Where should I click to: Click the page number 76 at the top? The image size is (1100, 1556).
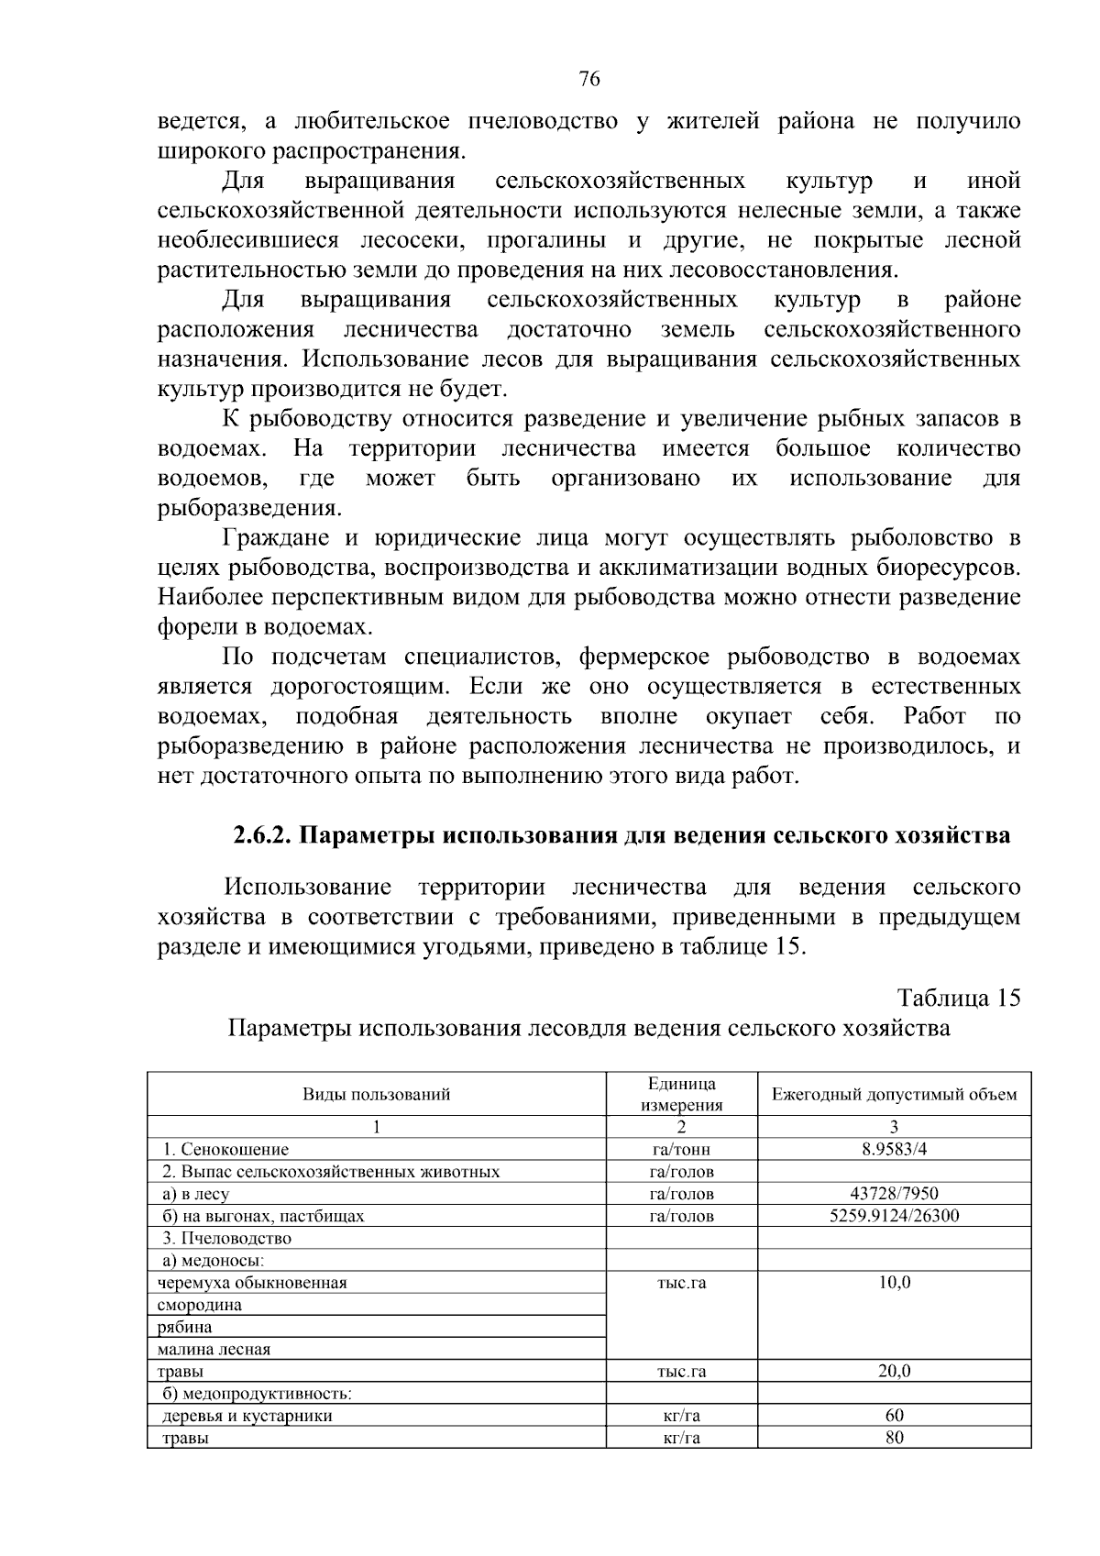pos(589,80)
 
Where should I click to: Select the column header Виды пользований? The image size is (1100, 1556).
pos(377,1094)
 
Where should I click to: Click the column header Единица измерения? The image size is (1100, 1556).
pos(681,1094)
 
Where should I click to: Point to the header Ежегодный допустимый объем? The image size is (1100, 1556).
pos(894,1094)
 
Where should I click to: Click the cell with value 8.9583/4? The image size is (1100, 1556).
pos(894,1149)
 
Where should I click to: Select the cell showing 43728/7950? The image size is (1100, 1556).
pos(894,1194)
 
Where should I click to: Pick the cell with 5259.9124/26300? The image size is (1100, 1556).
pos(894,1216)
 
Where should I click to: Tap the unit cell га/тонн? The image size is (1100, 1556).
pos(681,1149)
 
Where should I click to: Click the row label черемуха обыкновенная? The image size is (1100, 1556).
pos(252,1283)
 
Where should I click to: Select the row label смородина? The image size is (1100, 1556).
pos(200,1305)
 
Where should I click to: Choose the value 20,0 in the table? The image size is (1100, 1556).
pos(894,1372)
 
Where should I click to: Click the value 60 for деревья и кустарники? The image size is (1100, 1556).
pos(894,1416)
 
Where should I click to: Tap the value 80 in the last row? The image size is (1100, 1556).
pos(894,1438)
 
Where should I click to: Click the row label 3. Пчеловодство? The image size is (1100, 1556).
pos(226,1238)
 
